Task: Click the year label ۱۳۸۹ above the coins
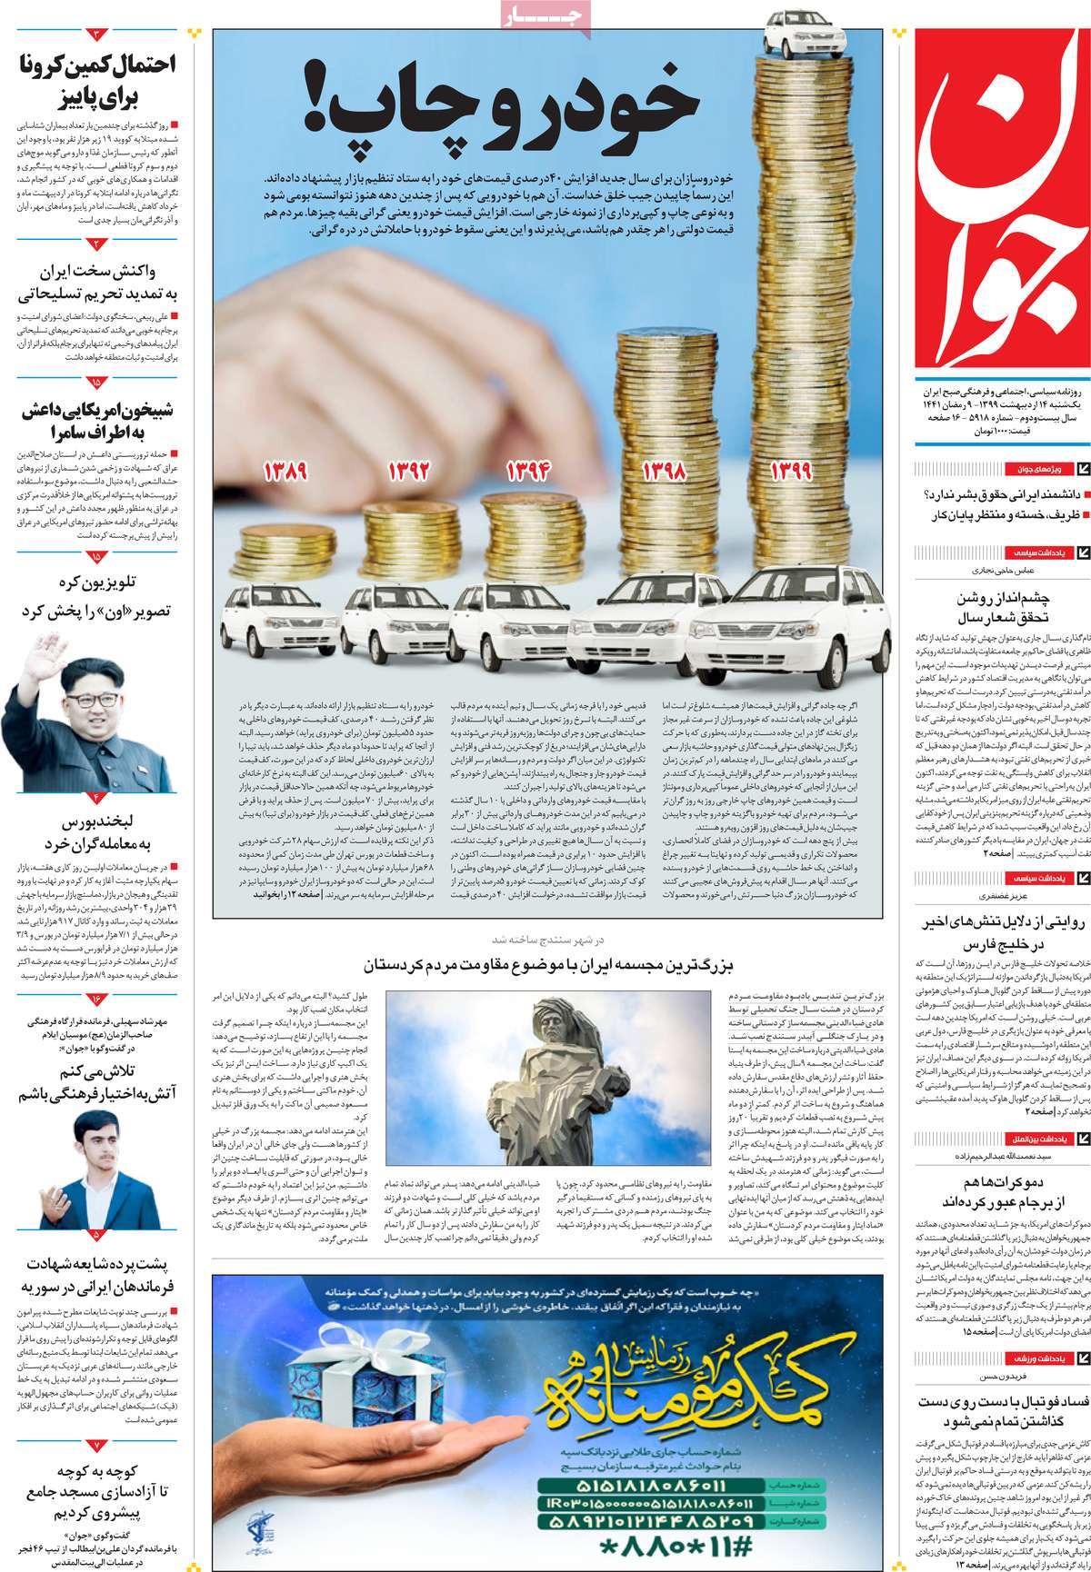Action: (x=285, y=473)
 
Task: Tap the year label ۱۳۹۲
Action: (x=408, y=473)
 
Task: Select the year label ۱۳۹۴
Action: (x=531, y=473)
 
